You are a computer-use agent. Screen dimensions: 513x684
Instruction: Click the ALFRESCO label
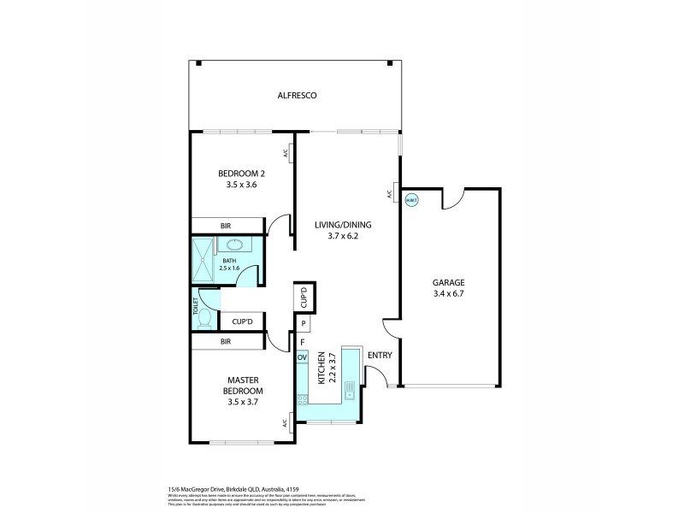point(297,96)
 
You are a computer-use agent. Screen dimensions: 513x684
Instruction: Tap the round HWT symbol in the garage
point(411,201)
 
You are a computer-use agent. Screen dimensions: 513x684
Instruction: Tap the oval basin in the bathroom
point(232,246)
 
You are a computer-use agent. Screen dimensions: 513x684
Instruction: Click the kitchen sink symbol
point(351,391)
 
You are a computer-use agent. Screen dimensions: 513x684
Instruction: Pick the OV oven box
point(302,357)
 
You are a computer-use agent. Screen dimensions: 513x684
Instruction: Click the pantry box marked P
point(303,324)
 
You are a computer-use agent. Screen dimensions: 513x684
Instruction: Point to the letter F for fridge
point(302,342)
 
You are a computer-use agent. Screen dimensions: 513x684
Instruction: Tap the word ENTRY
point(379,356)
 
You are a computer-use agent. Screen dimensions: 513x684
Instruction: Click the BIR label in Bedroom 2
point(226,226)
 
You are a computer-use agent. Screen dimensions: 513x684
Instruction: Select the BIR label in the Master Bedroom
point(226,342)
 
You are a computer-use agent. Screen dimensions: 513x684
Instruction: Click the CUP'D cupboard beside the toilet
point(243,321)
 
